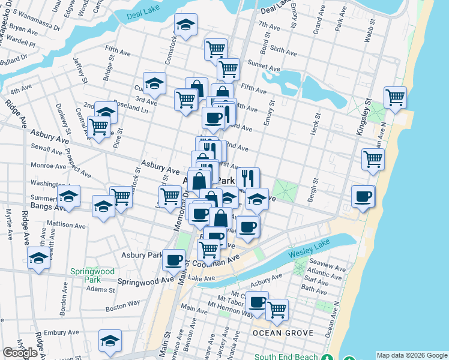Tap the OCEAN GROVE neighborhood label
click(x=276, y=333)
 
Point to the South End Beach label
click(x=286, y=357)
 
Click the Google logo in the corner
click(x=20, y=353)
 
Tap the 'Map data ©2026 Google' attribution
click(x=412, y=355)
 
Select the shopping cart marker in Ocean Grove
click(x=277, y=309)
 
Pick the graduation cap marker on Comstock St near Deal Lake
click(x=185, y=25)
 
